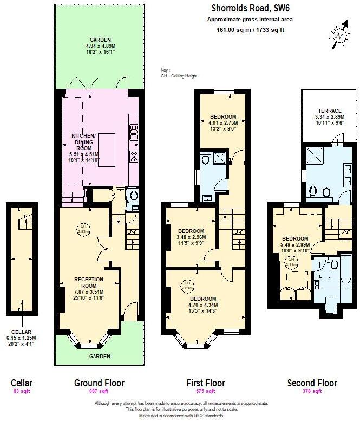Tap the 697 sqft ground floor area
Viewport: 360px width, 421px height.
tap(99, 391)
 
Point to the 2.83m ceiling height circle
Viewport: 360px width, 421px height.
tap(83, 228)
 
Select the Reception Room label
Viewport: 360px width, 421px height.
tap(88, 282)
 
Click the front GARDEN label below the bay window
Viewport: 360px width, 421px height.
tap(99, 356)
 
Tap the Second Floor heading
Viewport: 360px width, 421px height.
tap(312, 383)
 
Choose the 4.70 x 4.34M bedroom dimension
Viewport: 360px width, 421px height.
tap(203, 305)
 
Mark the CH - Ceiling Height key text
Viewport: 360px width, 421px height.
tap(179, 76)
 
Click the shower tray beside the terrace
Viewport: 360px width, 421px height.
tap(315, 156)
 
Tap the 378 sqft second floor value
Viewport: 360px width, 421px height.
tap(312, 391)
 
